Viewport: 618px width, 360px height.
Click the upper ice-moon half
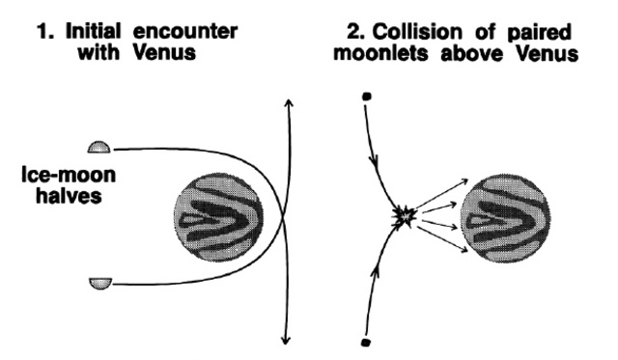click(98, 148)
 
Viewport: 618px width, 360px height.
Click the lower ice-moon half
click(99, 282)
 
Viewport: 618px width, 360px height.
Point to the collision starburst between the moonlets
click(404, 219)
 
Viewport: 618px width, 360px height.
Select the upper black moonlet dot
click(366, 97)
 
